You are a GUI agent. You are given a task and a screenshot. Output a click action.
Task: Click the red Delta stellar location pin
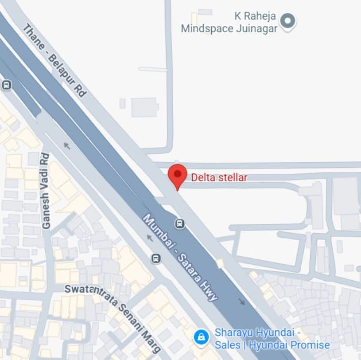pyautogui.click(x=178, y=175)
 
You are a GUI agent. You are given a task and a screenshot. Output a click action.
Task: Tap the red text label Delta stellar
pyautogui.click(x=219, y=178)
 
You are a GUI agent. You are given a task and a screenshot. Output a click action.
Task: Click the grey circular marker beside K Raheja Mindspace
pyautogui.click(x=288, y=20)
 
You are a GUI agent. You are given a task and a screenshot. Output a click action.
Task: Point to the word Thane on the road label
pyautogui.click(x=33, y=35)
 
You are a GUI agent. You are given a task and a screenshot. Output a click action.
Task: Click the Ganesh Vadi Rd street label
pyautogui.click(x=46, y=191)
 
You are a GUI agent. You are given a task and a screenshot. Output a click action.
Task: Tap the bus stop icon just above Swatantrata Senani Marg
pyautogui.click(x=156, y=258)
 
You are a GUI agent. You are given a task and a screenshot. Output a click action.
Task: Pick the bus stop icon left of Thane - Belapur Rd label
pyautogui.click(x=6, y=85)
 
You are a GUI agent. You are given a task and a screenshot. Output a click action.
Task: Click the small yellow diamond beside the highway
pyautogui.click(x=220, y=264)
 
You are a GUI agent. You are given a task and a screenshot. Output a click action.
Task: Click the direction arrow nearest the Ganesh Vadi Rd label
pyautogui.click(x=66, y=145)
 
